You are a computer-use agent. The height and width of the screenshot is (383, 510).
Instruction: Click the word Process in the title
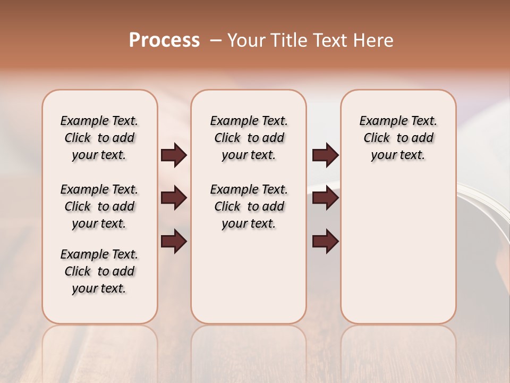pyautogui.click(x=164, y=40)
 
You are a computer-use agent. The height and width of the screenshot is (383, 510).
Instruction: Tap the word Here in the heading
pyautogui.click(x=375, y=40)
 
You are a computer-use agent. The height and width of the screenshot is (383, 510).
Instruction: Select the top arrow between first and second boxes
pyautogui.click(x=174, y=155)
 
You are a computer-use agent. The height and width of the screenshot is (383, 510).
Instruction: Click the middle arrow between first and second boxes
pyautogui.click(x=174, y=198)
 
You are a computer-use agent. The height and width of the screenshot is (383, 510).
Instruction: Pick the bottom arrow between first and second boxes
pyautogui.click(x=174, y=242)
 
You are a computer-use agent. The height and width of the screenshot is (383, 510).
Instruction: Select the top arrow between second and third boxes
pyautogui.click(x=326, y=155)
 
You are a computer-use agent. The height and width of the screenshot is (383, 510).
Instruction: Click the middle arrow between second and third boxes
pyautogui.click(x=326, y=198)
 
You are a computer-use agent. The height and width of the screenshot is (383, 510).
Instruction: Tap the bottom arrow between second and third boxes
pyautogui.click(x=326, y=242)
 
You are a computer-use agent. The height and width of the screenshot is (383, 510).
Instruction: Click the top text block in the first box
pyautogui.click(x=99, y=138)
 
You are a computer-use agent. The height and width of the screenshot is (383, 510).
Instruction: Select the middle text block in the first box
pyautogui.click(x=99, y=206)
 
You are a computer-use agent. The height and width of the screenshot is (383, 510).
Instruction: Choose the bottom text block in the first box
pyautogui.click(x=99, y=271)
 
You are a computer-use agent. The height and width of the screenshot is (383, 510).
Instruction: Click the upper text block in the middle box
pyautogui.click(x=249, y=138)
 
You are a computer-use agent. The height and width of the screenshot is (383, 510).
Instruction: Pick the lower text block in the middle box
pyautogui.click(x=249, y=206)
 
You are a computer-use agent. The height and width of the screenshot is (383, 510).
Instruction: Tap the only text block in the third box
pyautogui.click(x=398, y=138)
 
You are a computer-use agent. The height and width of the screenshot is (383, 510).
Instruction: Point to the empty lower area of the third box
pyautogui.click(x=398, y=250)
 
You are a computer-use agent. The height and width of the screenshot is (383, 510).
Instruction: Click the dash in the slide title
pyautogui.click(x=215, y=40)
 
